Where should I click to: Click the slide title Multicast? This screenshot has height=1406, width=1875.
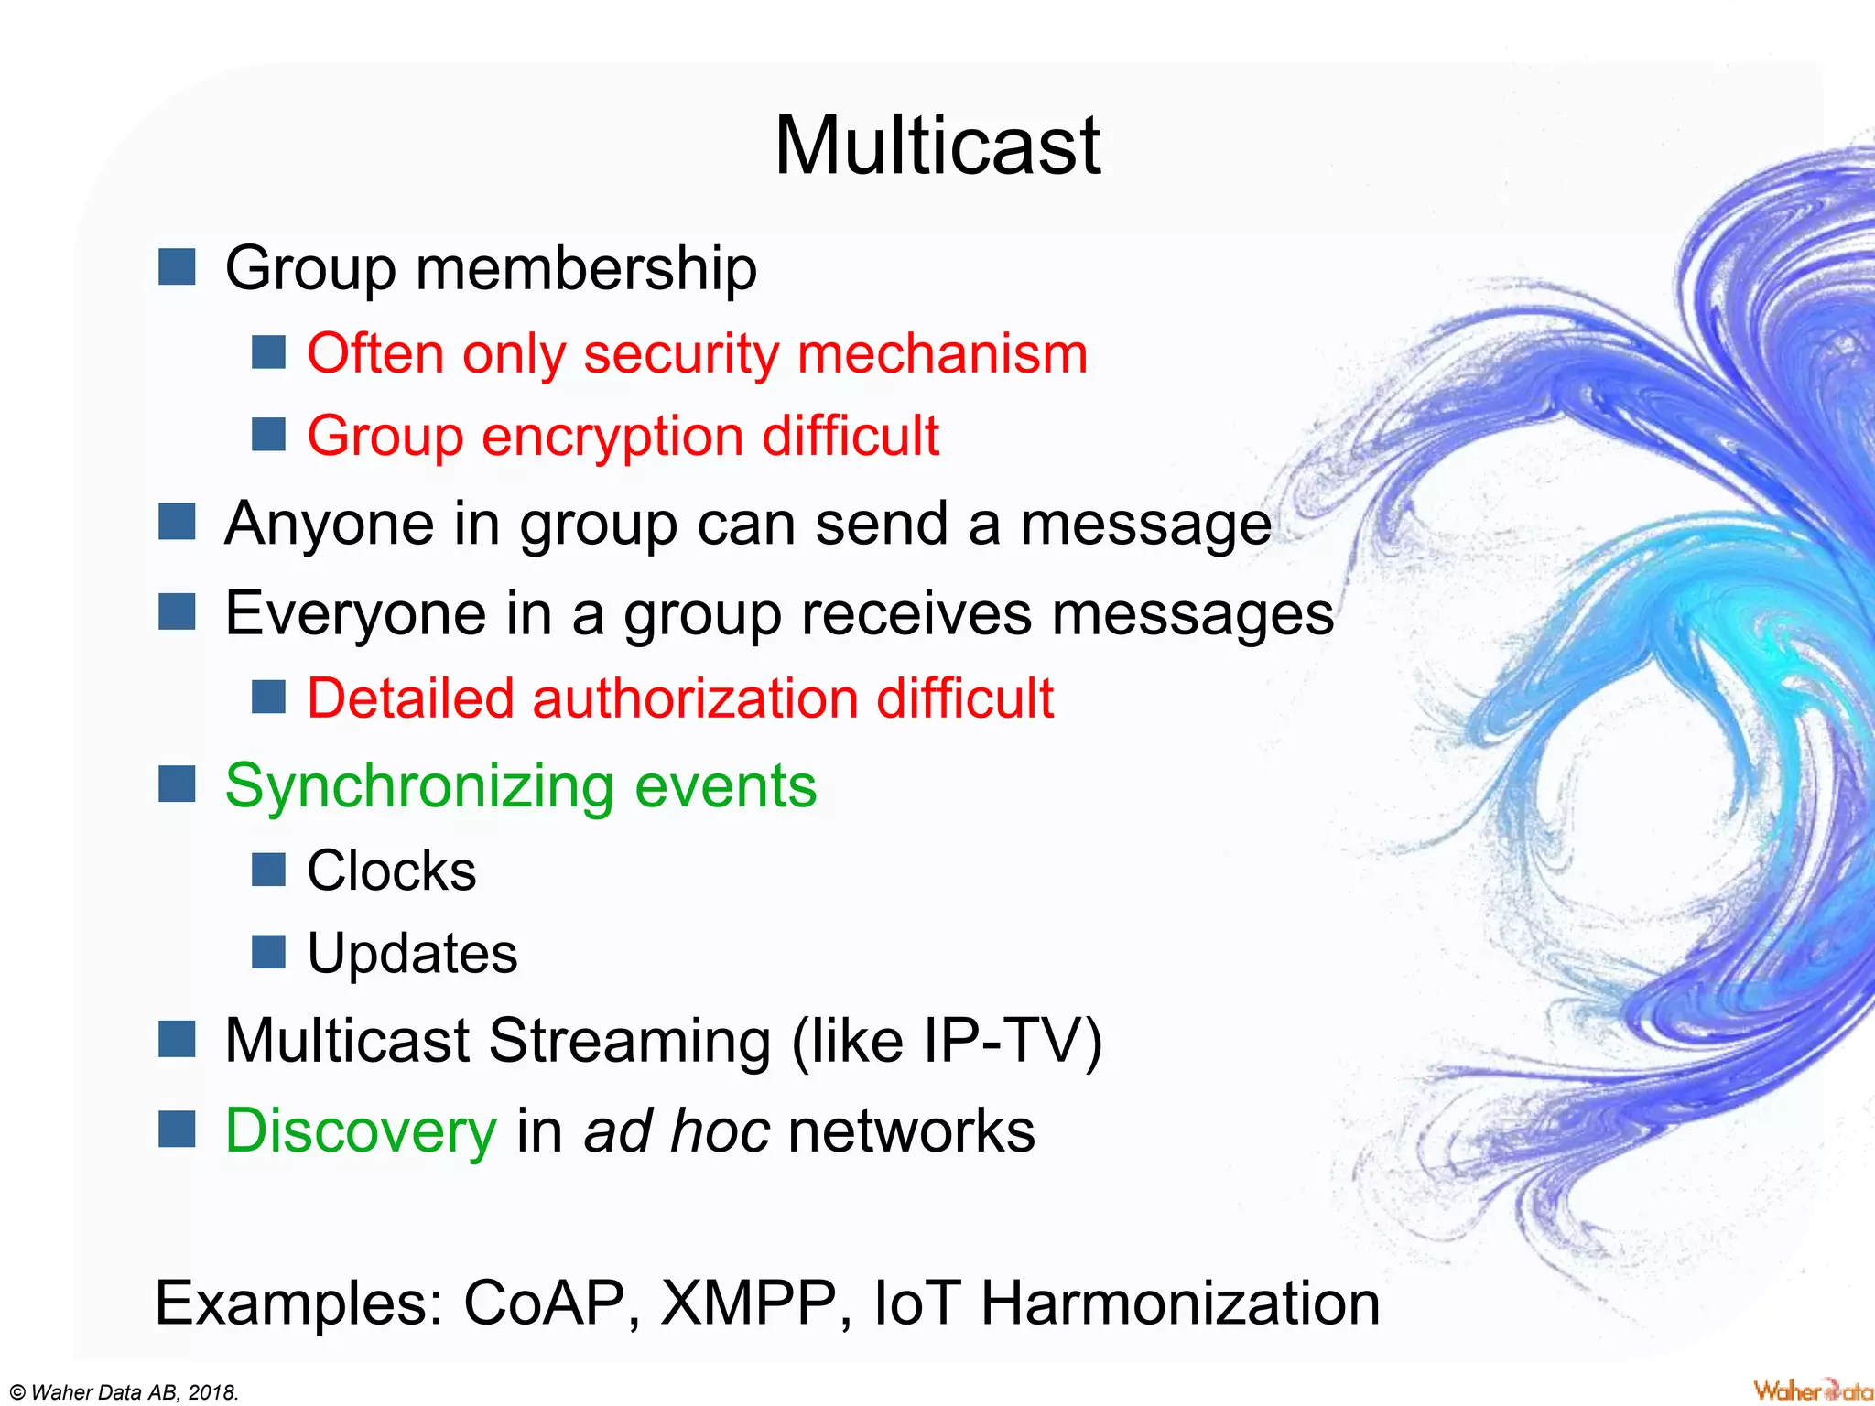(x=937, y=146)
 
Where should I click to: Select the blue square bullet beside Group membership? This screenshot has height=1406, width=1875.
(x=177, y=267)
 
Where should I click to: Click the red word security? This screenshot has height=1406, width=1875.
(x=681, y=354)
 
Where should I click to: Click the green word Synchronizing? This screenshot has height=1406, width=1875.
(x=418, y=786)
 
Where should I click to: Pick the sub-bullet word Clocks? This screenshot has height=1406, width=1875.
(x=391, y=871)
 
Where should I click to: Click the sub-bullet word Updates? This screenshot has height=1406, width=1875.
(x=412, y=954)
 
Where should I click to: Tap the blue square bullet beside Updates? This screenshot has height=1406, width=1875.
(x=268, y=952)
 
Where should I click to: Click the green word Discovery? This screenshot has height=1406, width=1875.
(x=361, y=1130)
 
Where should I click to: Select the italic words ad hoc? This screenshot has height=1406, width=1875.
(x=677, y=1130)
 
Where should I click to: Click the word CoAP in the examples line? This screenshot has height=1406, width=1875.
(x=544, y=1303)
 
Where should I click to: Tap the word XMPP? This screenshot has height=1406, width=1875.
(x=748, y=1303)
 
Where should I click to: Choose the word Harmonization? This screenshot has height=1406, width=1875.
(x=1180, y=1303)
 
